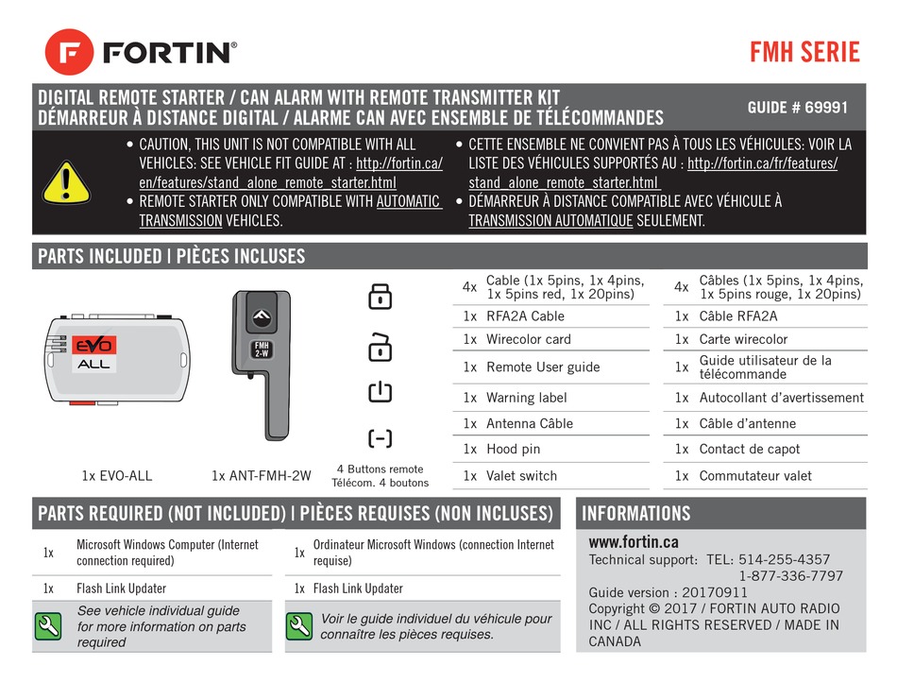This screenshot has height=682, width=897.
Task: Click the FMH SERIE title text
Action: pyautogui.click(x=804, y=51)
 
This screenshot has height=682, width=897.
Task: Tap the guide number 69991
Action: pyautogui.click(x=797, y=108)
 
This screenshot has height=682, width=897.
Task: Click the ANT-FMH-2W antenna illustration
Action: pyautogui.click(x=263, y=364)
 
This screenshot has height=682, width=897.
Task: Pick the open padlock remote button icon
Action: pyautogui.click(x=380, y=346)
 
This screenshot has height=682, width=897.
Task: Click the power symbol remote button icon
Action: pyautogui.click(x=380, y=391)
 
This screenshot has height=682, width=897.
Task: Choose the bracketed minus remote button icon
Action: pyautogui.click(x=380, y=437)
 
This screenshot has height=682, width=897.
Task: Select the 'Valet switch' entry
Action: pyautogui.click(x=521, y=476)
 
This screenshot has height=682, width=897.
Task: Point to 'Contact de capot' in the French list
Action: pyautogui.click(x=749, y=450)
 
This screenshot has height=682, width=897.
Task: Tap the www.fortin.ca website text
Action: pyautogui.click(x=633, y=542)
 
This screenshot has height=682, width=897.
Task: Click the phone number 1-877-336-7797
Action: pyautogui.click(x=790, y=575)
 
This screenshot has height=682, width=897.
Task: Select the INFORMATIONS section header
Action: pyautogui.click(x=636, y=514)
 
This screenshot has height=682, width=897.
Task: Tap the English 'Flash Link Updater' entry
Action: pyautogui.click(x=121, y=588)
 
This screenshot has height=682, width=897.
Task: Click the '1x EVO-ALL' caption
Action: pyautogui.click(x=117, y=475)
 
